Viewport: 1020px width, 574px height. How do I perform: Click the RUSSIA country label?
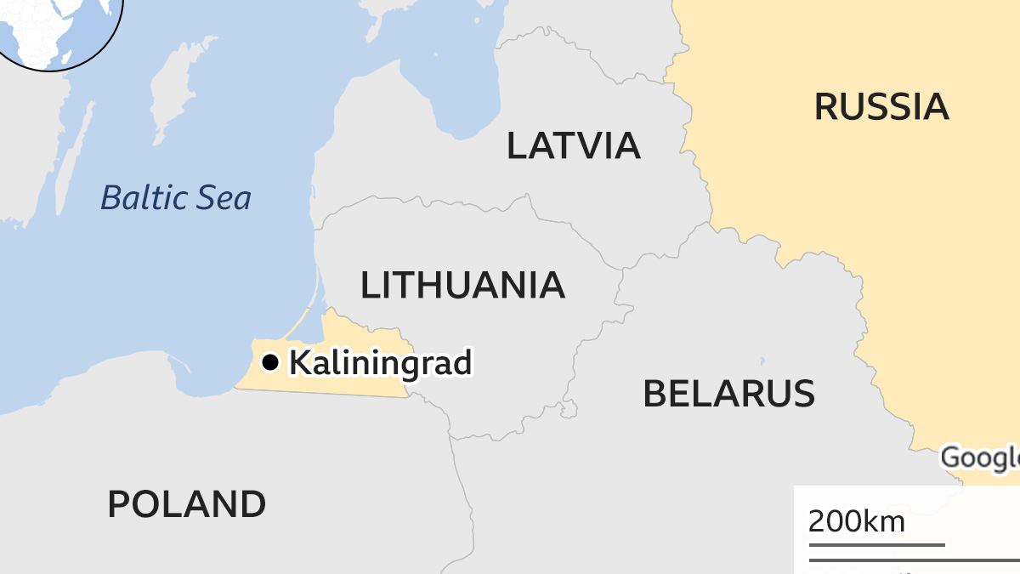881,106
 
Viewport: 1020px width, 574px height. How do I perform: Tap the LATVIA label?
573,145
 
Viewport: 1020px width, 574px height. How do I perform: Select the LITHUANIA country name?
462,285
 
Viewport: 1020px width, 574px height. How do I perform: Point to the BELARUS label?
728,394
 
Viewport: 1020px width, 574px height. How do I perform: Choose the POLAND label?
186,504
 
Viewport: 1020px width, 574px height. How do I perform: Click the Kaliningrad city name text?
380,363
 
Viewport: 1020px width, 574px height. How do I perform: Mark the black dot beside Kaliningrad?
270,363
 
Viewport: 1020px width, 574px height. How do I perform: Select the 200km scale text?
856,520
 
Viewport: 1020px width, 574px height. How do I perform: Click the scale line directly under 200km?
875,544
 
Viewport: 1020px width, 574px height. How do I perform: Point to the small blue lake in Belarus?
762,361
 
